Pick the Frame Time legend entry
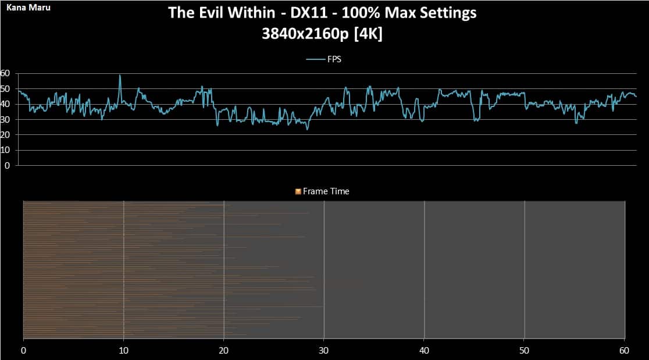tap(326, 191)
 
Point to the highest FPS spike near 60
tap(120, 75)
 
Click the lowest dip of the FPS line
tap(307, 129)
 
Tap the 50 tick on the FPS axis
tap(5, 88)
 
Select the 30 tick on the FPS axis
tap(5, 119)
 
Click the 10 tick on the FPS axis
tap(5, 150)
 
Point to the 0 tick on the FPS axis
tap(7, 165)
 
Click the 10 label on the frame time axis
tap(123, 351)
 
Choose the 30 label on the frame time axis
tap(324, 351)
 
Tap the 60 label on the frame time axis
tap(624, 351)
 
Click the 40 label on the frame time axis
tap(424, 351)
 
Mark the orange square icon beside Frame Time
tap(298, 191)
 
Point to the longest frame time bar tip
tap(322, 306)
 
